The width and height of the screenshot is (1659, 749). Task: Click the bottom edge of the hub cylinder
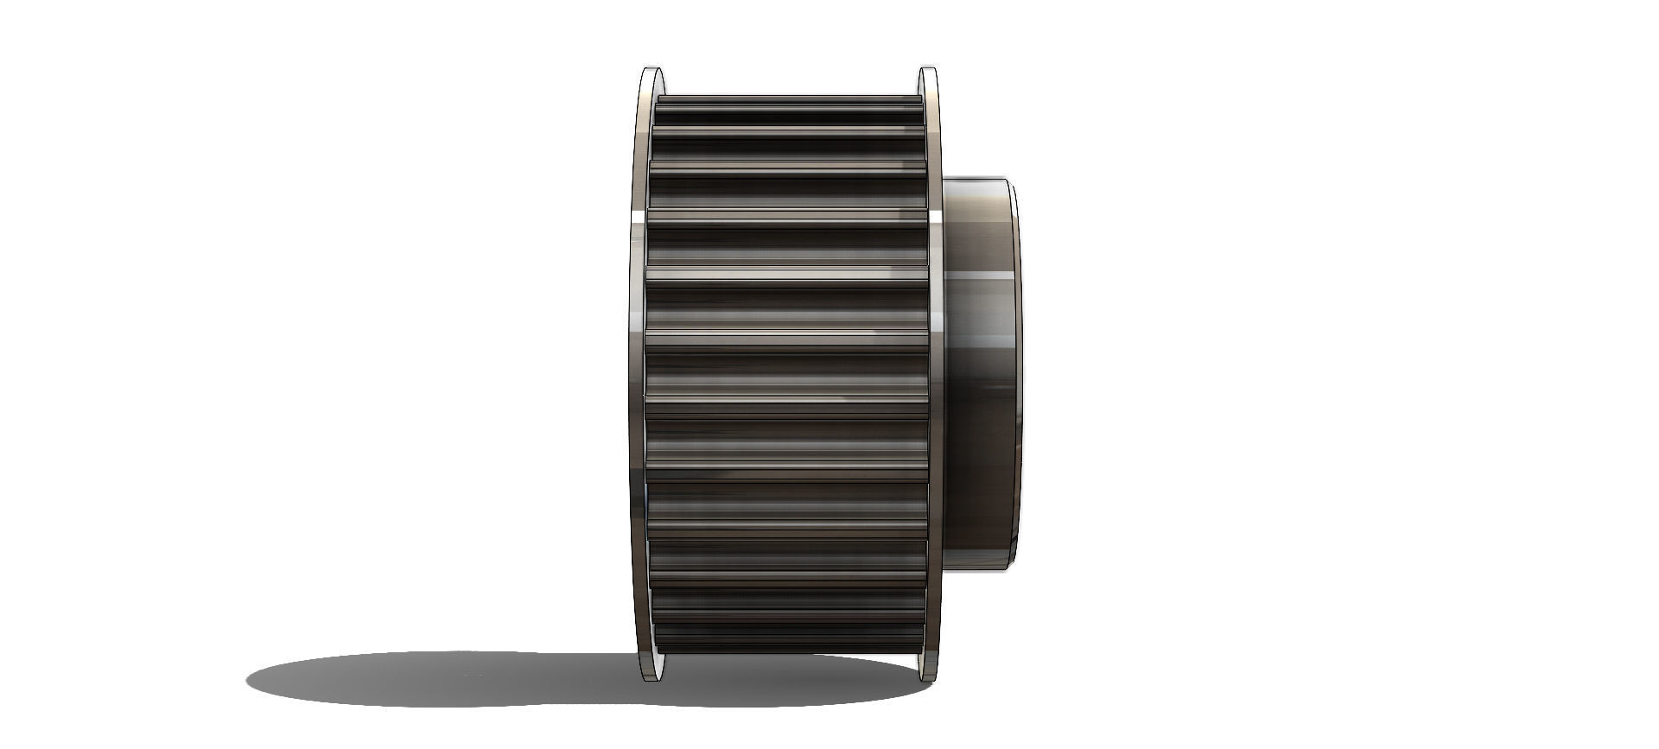[976, 568]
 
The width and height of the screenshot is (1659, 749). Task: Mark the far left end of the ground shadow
[248, 678]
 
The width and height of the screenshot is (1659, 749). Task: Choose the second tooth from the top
[786, 130]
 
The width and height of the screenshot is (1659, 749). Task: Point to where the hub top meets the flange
[944, 180]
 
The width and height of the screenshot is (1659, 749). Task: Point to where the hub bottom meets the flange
[944, 566]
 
